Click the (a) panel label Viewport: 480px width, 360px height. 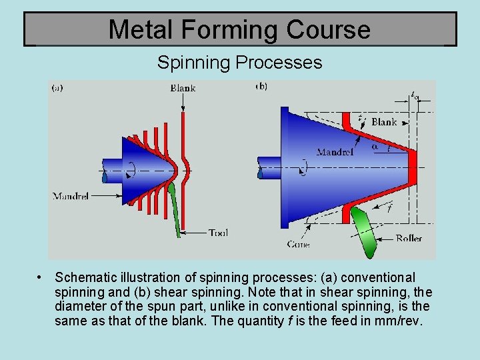coord(58,87)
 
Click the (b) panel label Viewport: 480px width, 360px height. coord(262,86)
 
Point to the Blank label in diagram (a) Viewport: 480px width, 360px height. coord(183,88)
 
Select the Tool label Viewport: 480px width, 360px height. coord(218,233)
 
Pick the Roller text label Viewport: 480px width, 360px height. coord(409,238)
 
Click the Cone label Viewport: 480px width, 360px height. coord(298,244)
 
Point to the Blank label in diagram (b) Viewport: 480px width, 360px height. coord(384,122)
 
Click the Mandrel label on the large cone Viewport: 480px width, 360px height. coord(335,152)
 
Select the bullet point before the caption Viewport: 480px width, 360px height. coord(41,277)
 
